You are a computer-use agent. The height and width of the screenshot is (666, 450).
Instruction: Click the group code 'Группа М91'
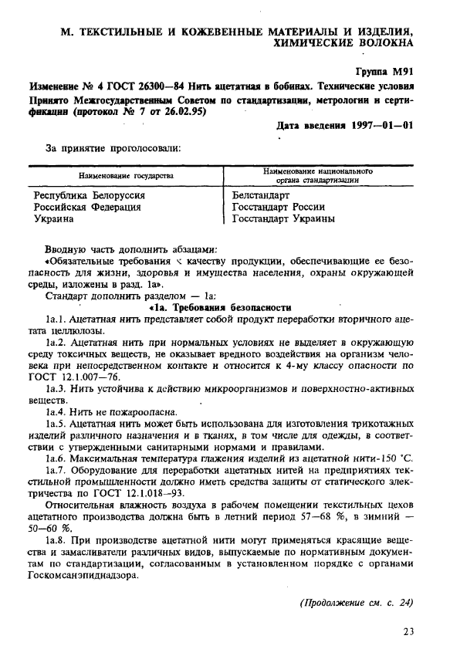(x=383, y=71)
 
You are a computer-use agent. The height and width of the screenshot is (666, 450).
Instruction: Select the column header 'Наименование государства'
(x=124, y=176)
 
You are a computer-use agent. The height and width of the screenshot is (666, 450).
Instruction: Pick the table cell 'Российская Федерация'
(x=87, y=208)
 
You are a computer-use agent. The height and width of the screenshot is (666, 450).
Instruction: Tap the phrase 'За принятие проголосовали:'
(x=103, y=147)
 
